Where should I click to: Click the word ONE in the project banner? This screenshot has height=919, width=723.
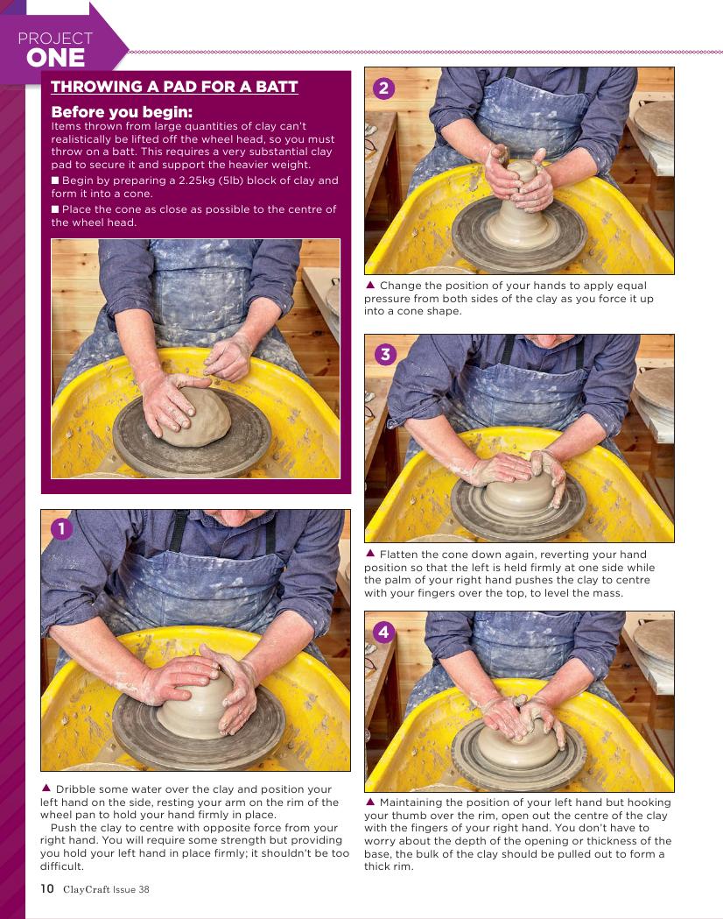(x=56, y=58)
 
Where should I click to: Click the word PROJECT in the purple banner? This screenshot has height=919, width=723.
(x=56, y=39)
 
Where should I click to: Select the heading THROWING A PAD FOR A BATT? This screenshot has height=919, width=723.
(x=174, y=87)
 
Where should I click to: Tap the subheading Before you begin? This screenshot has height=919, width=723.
(x=122, y=112)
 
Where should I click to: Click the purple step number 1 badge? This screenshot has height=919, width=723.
(x=61, y=528)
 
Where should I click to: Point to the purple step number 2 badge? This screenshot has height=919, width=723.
(x=384, y=88)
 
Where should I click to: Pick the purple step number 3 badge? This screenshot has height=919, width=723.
(x=385, y=354)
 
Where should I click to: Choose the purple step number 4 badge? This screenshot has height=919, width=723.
(x=384, y=632)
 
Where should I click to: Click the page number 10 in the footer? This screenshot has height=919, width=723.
(x=47, y=888)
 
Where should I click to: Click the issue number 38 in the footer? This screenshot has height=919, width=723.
(x=144, y=889)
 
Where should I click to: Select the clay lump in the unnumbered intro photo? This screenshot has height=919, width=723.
(x=195, y=417)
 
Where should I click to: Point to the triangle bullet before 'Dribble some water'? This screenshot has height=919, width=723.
(x=46, y=788)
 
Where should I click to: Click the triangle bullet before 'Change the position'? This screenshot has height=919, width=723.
(x=370, y=285)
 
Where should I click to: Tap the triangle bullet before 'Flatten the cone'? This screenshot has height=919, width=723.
(x=370, y=554)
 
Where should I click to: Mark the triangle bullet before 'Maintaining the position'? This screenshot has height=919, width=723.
(x=370, y=802)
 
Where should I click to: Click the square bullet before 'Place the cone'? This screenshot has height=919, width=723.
(x=55, y=209)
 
